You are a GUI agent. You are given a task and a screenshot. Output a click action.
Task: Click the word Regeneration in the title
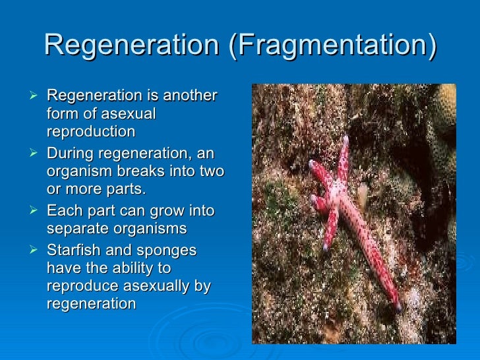(x=130, y=46)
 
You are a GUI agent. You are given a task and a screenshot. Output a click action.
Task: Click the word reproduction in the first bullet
(x=91, y=131)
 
